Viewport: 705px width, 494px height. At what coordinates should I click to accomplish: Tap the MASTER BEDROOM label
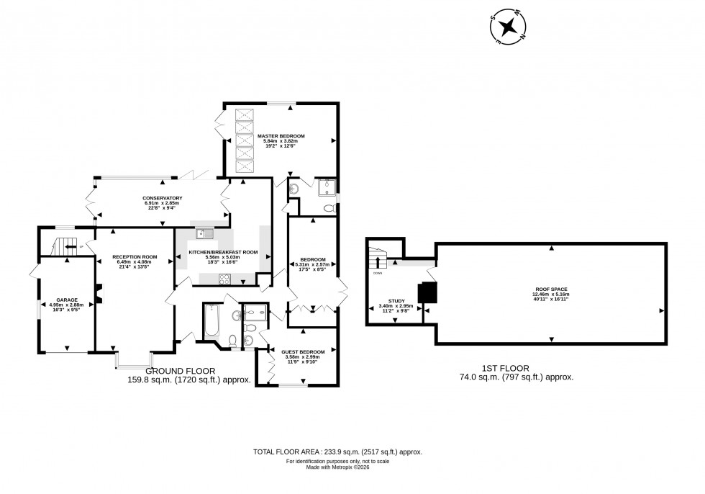(281, 135)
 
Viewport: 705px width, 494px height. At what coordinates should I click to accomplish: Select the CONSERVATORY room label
(162, 198)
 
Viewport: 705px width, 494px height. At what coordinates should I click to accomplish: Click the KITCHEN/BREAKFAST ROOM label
(223, 252)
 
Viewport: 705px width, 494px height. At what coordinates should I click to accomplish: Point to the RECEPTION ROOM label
(134, 257)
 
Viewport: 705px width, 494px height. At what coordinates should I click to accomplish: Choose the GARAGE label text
(66, 299)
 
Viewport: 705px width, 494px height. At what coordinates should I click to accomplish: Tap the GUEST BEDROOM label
(303, 351)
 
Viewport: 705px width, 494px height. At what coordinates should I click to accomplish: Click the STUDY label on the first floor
(396, 301)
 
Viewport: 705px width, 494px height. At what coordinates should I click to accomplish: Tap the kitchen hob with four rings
(224, 281)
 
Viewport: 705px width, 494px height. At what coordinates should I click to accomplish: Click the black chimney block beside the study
(427, 292)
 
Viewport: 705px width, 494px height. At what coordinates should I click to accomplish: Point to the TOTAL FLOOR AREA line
(337, 452)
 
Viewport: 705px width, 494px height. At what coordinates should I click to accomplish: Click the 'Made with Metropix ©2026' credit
(337, 467)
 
